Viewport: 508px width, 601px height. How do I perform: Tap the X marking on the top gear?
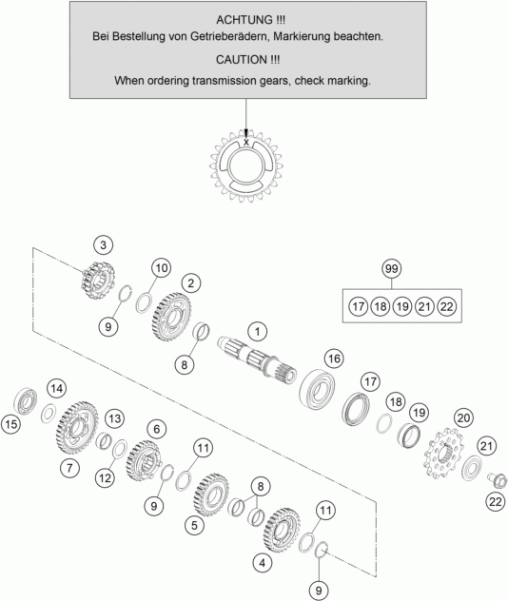point(246,143)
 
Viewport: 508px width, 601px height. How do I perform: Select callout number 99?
point(391,269)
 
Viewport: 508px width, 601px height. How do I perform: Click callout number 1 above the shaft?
point(257,332)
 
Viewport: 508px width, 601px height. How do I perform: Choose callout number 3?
point(103,245)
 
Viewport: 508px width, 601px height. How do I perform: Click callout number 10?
point(162,268)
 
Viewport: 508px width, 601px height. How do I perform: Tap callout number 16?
point(334,359)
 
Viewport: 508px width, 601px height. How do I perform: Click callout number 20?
point(463,417)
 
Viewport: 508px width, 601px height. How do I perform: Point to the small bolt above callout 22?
point(498,479)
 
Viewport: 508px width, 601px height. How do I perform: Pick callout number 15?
point(11,424)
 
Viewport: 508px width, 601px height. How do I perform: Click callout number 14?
point(56,389)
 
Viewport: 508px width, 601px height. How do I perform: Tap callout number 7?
point(69,468)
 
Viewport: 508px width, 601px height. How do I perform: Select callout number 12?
point(105,478)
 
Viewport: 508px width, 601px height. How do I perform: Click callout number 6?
point(156,429)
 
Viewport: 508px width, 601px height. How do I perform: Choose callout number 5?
point(194,525)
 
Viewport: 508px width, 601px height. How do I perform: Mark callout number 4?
point(263,563)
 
